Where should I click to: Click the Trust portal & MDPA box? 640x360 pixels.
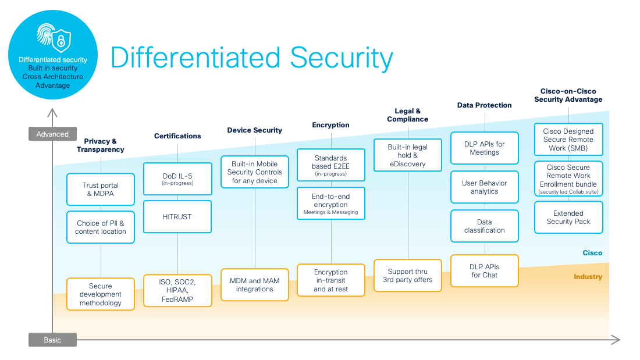tap(101, 190)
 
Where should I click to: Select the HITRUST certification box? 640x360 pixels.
tap(177, 216)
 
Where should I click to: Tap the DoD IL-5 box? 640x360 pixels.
tap(177, 179)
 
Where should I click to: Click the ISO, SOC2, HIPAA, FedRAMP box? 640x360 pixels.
tap(177, 291)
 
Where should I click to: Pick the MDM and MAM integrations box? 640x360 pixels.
tap(255, 285)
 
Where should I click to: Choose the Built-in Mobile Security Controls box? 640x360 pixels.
tap(255, 172)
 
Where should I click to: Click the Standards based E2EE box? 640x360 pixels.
tap(331, 165)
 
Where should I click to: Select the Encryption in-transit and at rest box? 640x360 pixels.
tap(331, 280)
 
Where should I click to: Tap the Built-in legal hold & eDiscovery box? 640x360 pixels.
tap(407, 156)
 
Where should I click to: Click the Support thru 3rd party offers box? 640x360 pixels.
tap(407, 276)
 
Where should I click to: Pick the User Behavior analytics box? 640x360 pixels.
tap(484, 187)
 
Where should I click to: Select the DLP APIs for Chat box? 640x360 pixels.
tap(484, 271)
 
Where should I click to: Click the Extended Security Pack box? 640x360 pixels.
tap(568, 218)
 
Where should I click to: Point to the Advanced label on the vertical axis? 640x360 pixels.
tap(52, 134)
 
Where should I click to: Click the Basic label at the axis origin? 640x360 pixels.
tap(52, 340)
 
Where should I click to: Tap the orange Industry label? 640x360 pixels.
tap(588, 277)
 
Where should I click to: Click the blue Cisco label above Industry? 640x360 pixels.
tap(592, 253)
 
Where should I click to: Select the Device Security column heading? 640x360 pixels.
tap(254, 130)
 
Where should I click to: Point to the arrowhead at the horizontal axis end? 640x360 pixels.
tap(617, 340)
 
